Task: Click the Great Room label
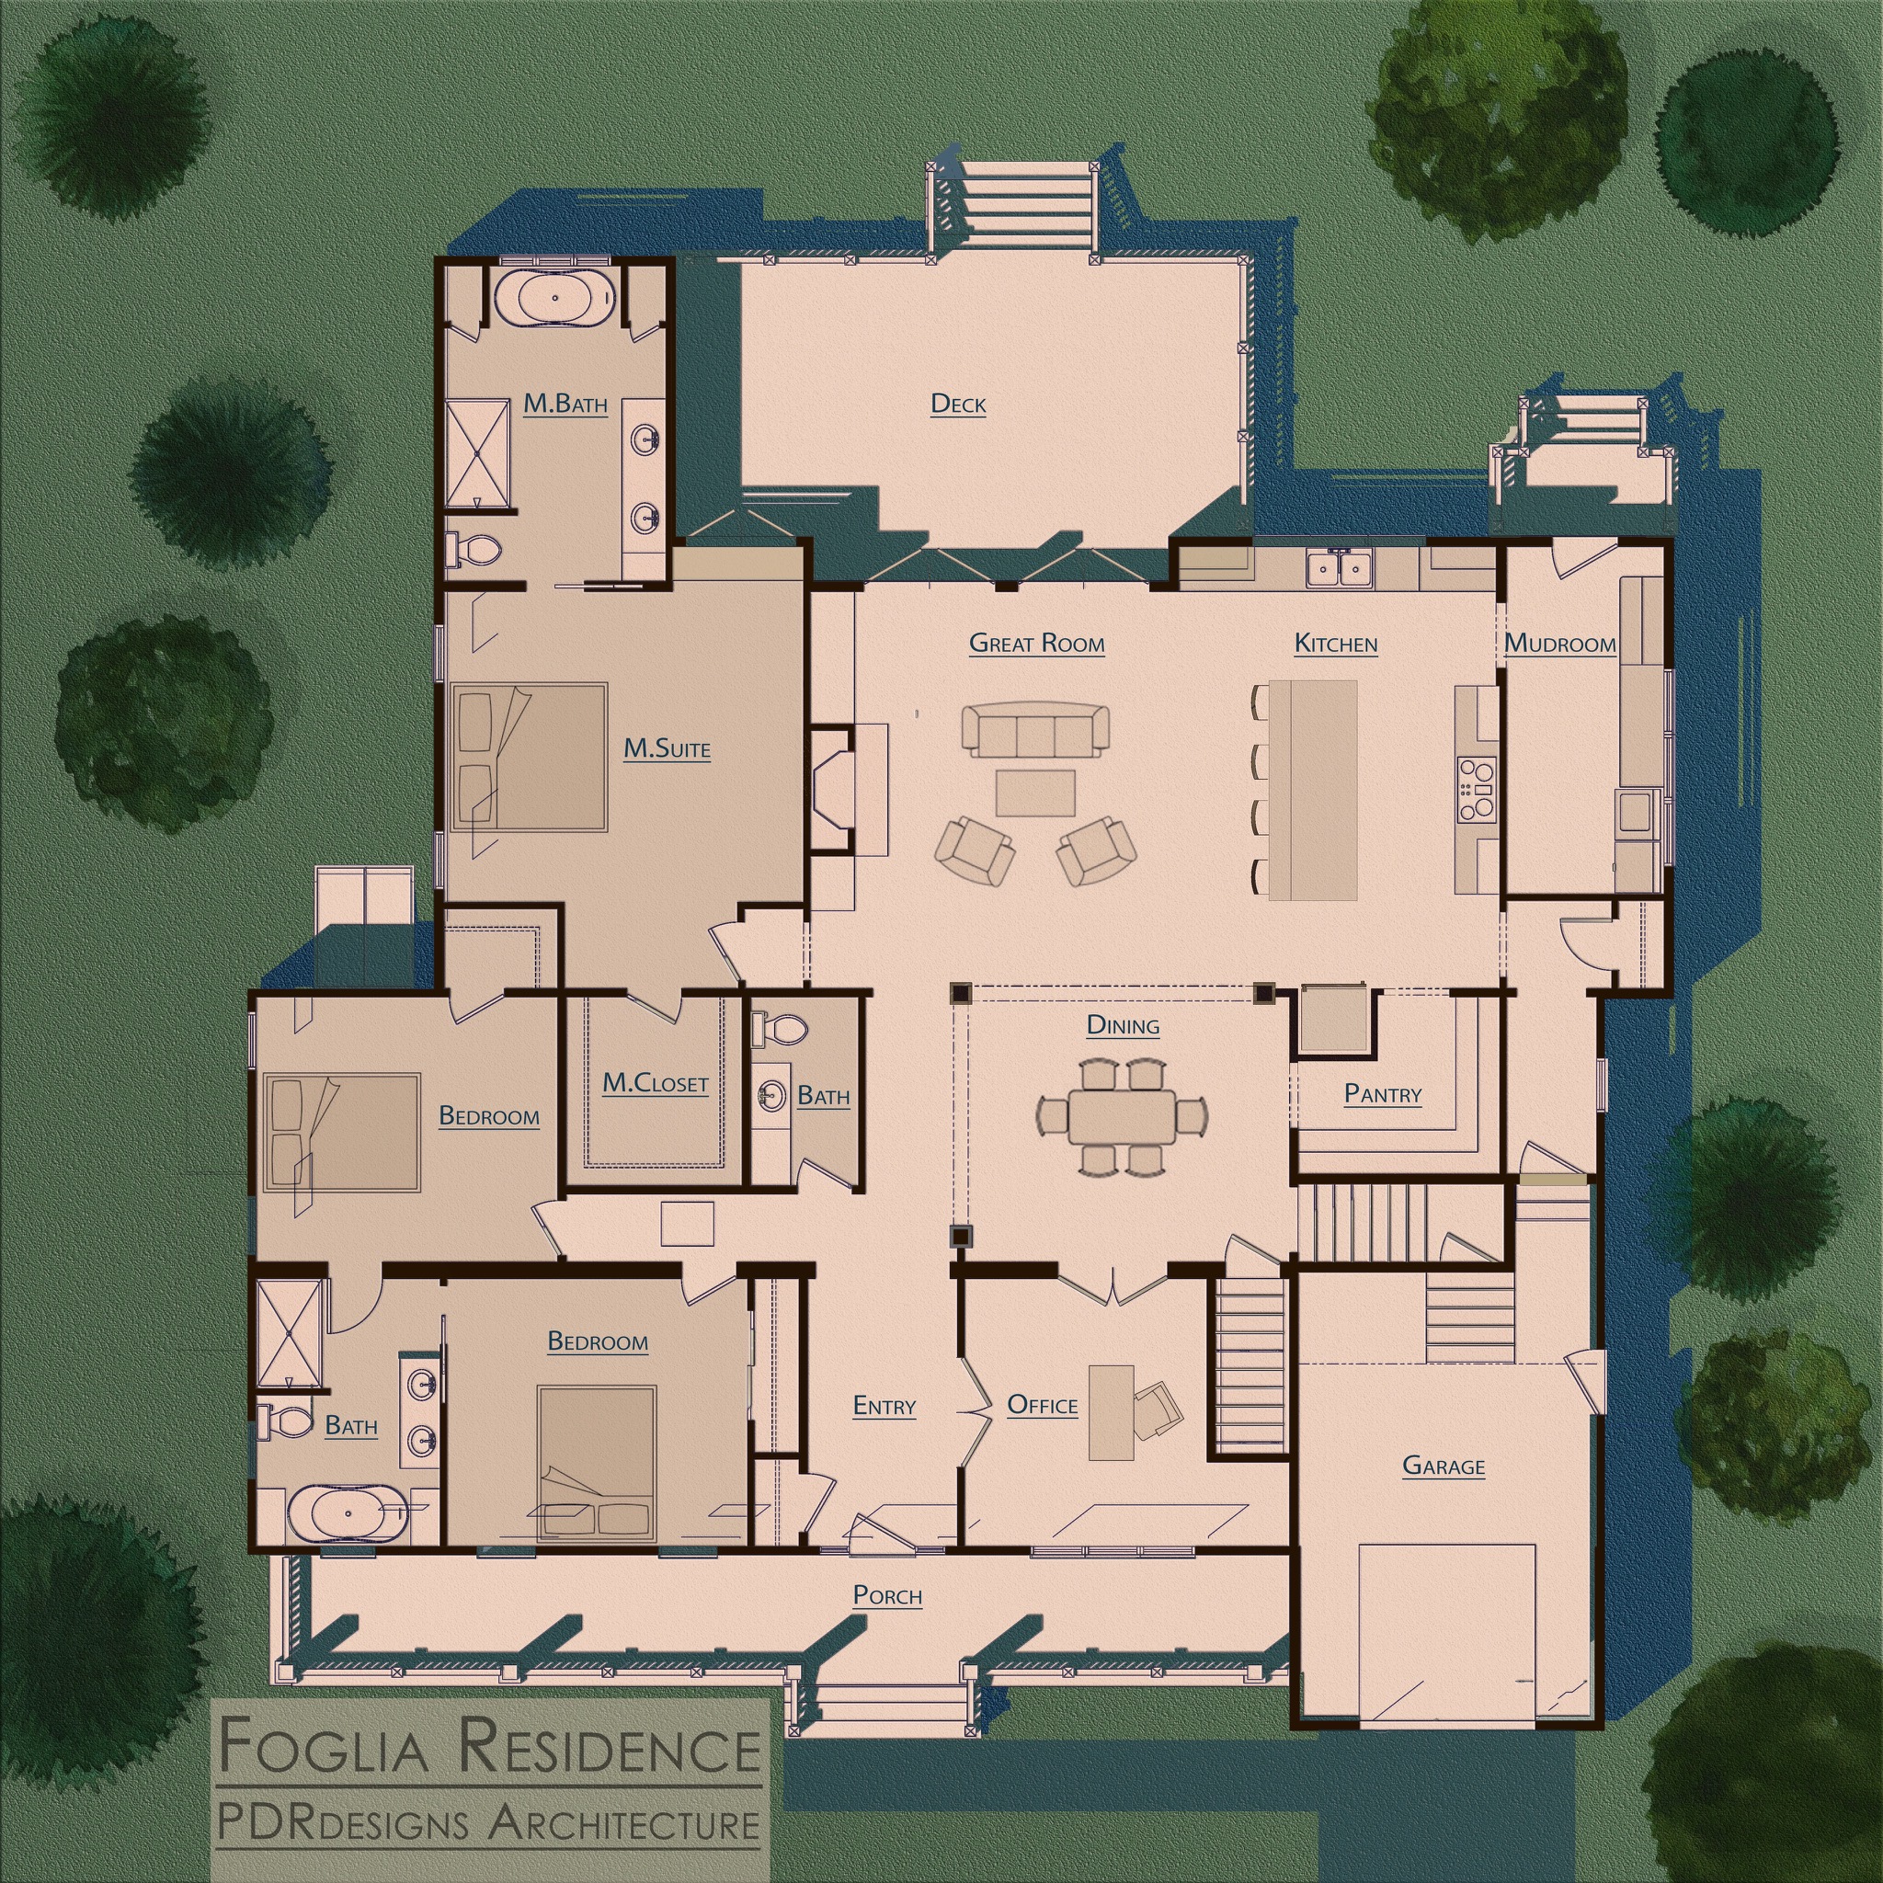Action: coord(1036,644)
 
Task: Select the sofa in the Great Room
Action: coord(1036,729)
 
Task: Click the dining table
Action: coord(1122,1116)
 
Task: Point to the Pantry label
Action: coord(1382,1093)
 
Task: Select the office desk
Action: coord(1111,1412)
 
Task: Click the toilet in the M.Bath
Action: coord(474,549)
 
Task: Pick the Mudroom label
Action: coord(1559,644)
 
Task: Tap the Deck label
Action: coord(958,404)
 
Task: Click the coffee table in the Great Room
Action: coord(1035,793)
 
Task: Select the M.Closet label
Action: coord(655,1083)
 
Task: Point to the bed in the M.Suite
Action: coord(530,757)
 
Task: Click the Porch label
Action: coord(887,1595)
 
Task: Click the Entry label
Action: coord(884,1406)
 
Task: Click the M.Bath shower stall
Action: coord(477,452)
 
